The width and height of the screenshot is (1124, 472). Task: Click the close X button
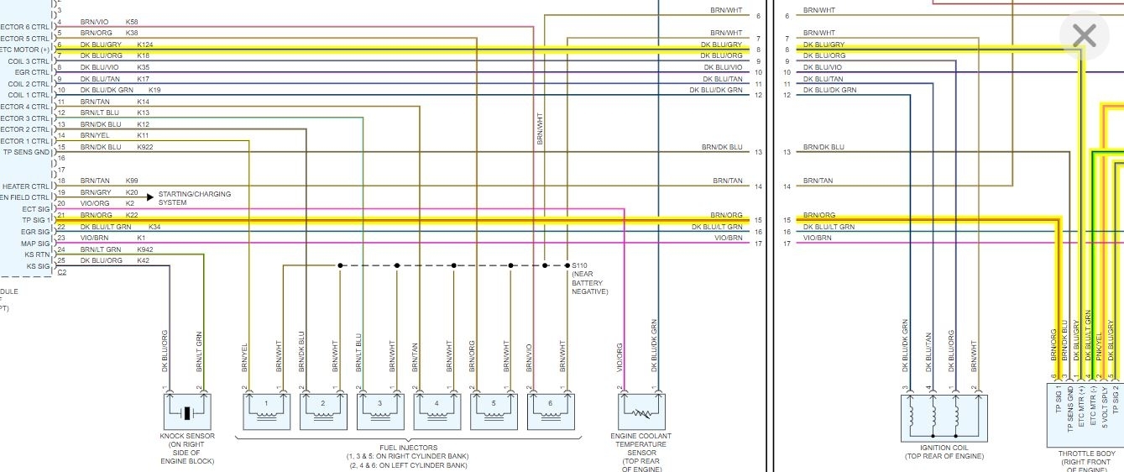[x=1085, y=35]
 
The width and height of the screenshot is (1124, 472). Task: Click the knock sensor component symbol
[x=186, y=412]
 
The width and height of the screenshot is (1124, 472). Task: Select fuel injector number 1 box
[x=266, y=412]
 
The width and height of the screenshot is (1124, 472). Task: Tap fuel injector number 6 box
[x=551, y=412]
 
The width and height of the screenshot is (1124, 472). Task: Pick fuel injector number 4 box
[x=437, y=412]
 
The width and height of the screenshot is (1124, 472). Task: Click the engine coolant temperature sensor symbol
[x=641, y=412]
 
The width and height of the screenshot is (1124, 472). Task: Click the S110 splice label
[x=580, y=265]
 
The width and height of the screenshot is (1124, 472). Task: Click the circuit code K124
[x=144, y=45]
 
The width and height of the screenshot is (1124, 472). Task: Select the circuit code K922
[x=144, y=147]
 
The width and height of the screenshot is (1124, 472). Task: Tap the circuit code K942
[x=144, y=249]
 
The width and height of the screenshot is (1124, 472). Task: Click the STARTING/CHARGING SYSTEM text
[x=194, y=198]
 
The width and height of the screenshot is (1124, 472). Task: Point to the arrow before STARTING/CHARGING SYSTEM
[x=150, y=197]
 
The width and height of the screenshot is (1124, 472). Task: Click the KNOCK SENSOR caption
[x=186, y=436]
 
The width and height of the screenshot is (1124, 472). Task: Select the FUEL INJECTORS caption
[x=408, y=448]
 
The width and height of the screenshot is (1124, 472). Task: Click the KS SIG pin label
[x=38, y=266]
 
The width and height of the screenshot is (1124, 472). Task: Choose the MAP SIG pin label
[x=35, y=244]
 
